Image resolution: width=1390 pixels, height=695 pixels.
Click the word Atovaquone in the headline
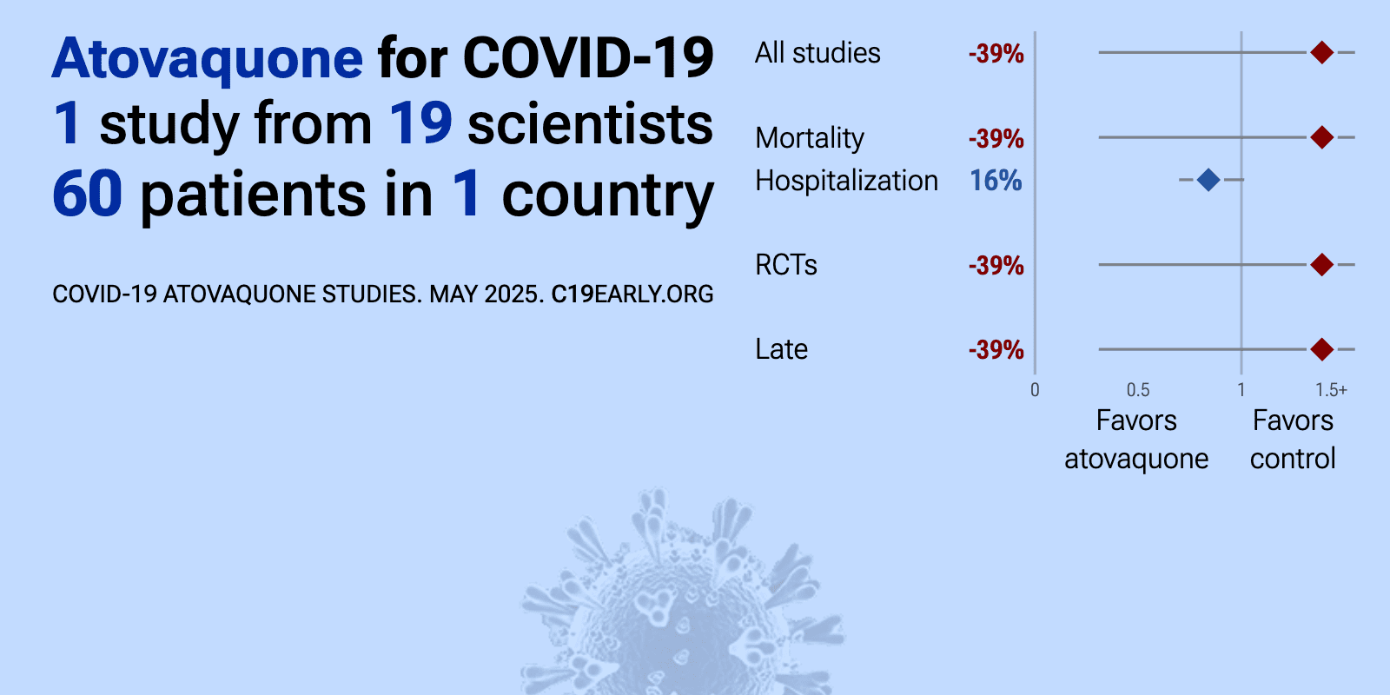[208, 59]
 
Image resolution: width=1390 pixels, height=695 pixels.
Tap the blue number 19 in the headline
[420, 123]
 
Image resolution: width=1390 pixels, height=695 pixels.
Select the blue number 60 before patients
[88, 194]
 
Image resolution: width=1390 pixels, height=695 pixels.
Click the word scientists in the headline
[590, 123]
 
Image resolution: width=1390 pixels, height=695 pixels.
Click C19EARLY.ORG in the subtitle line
[632, 295]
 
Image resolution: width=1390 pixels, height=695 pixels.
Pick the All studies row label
[817, 53]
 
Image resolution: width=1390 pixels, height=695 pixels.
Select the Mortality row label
[809, 138]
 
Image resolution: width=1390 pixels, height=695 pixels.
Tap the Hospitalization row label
[846, 182]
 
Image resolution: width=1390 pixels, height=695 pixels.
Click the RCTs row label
[785, 266]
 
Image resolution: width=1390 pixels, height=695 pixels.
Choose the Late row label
[781, 349]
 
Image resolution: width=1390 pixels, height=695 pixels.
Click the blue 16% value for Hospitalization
[996, 181]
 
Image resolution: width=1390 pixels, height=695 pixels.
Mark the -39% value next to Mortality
[996, 138]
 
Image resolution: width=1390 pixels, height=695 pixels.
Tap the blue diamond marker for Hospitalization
[1208, 180]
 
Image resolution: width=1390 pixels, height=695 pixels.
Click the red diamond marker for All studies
[1322, 53]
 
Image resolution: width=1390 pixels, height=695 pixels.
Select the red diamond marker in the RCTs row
[1322, 265]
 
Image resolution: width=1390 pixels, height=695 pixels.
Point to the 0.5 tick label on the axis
[1138, 390]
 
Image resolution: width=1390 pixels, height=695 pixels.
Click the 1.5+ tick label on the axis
[1331, 390]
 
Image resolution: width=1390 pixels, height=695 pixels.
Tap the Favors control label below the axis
[1293, 440]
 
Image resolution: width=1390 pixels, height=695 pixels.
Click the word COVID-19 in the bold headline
[588, 59]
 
